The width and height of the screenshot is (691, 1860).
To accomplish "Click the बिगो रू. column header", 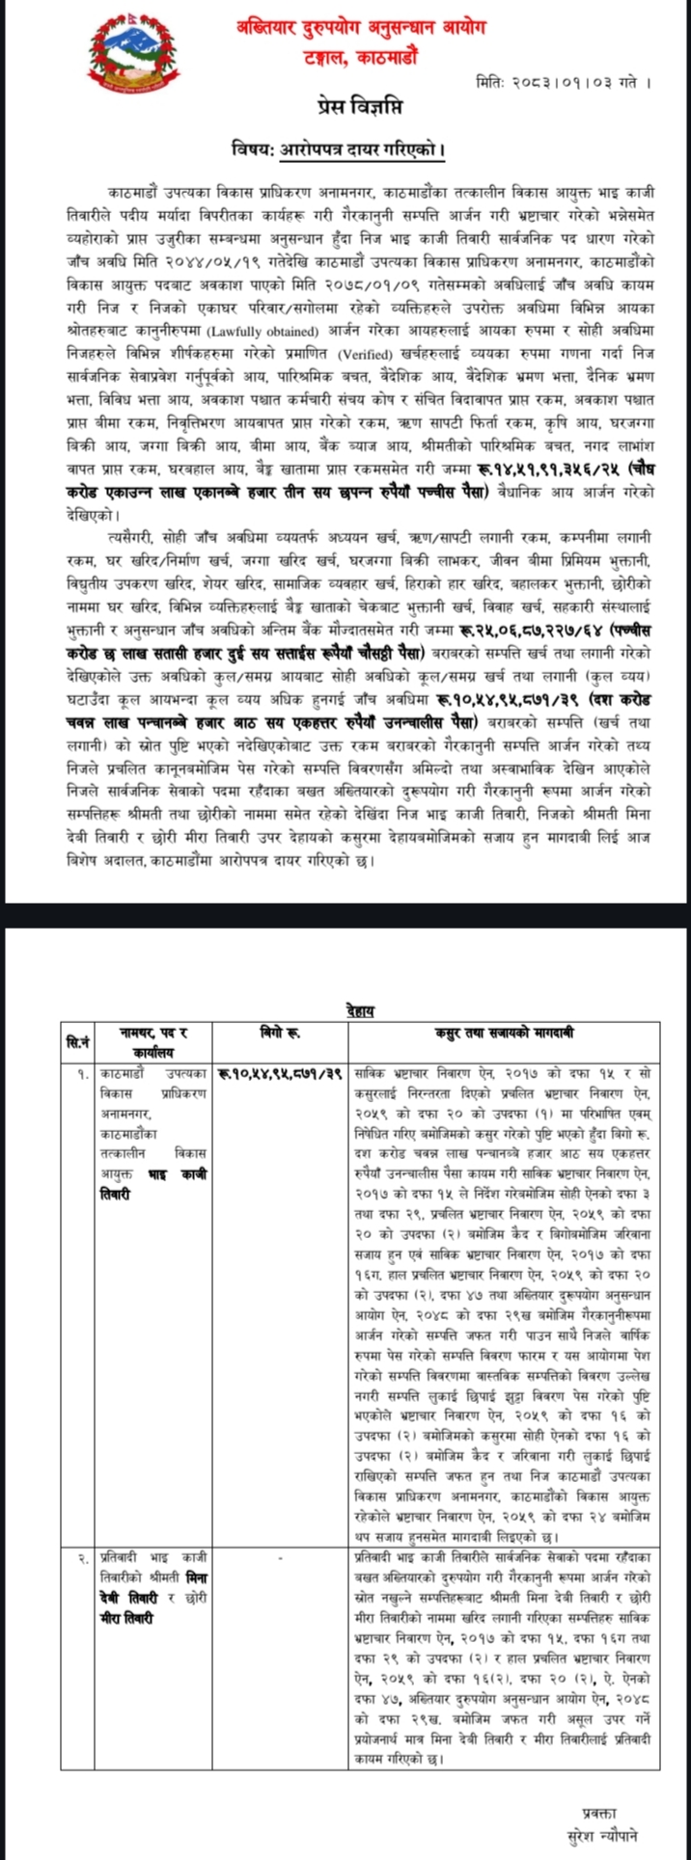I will [x=281, y=1033].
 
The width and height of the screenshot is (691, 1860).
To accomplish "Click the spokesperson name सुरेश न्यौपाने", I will [x=603, y=1832].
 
